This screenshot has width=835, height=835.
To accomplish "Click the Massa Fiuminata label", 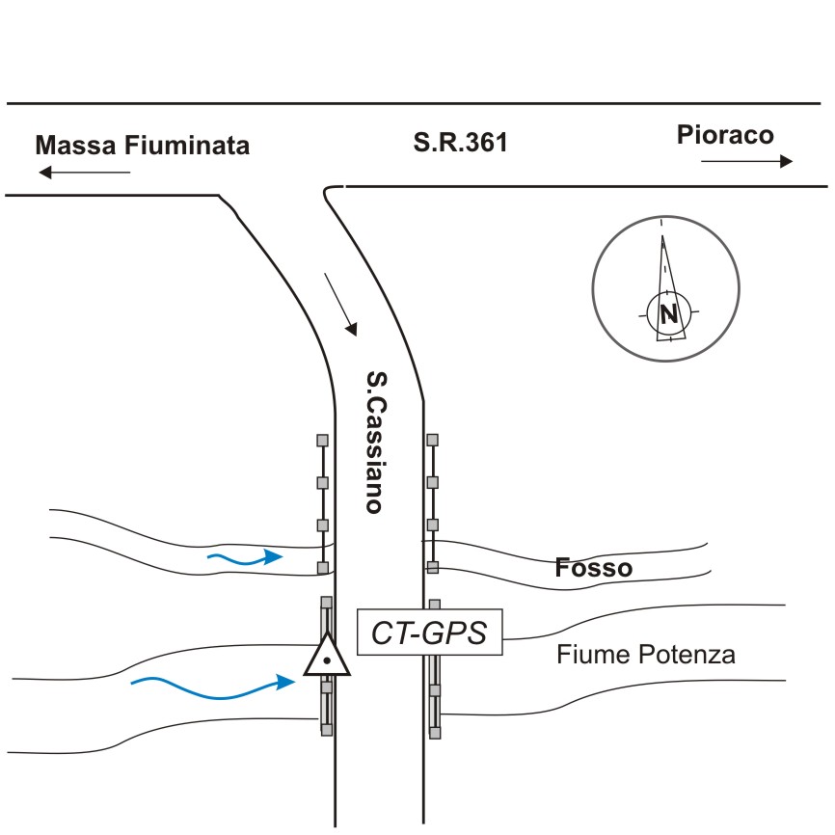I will pyautogui.click(x=142, y=146).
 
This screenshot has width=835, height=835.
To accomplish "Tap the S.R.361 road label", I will pyautogui.click(x=460, y=145).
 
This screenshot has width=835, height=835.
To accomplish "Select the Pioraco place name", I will pyautogui.click(x=725, y=134).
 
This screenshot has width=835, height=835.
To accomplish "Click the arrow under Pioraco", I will pyautogui.click(x=746, y=161).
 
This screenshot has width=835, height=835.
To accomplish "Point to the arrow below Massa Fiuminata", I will pyautogui.click(x=84, y=173).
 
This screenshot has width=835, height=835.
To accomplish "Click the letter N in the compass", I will pyautogui.click(x=667, y=312).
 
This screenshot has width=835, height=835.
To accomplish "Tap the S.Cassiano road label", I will pyautogui.click(x=375, y=443).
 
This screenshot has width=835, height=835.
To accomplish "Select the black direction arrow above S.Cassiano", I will pyautogui.click(x=341, y=304).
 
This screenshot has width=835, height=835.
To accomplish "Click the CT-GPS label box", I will pyautogui.click(x=431, y=633).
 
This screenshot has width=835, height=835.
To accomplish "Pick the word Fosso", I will pyautogui.click(x=594, y=569).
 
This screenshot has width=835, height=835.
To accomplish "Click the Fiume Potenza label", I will pyautogui.click(x=646, y=656).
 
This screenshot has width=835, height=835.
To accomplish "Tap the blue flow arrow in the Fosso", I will pyautogui.click(x=246, y=557).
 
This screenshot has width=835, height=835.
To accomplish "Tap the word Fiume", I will pyautogui.click(x=588, y=656).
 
